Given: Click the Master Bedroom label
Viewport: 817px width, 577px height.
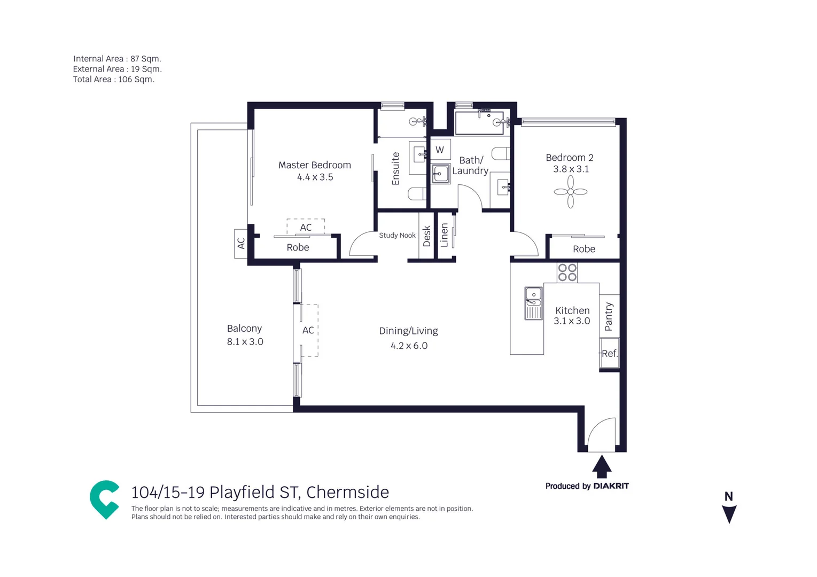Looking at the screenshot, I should pyautogui.click(x=314, y=165).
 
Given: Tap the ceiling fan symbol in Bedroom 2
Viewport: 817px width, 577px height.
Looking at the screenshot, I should pyautogui.click(x=570, y=192).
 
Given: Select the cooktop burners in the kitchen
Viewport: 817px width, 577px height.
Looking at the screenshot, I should pyautogui.click(x=567, y=272).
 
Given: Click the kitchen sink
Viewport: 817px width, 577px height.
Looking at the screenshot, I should pyautogui.click(x=533, y=303).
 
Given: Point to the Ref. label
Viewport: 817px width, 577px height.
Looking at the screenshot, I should pyautogui.click(x=609, y=353).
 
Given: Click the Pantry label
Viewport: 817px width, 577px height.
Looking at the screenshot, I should pyautogui.click(x=609, y=316).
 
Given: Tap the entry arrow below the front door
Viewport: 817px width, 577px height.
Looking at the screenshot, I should pyautogui.click(x=602, y=466).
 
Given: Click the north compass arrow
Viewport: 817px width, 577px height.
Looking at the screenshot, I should pyautogui.click(x=729, y=513).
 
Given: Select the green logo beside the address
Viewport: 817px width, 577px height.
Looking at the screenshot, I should pyautogui.click(x=105, y=499).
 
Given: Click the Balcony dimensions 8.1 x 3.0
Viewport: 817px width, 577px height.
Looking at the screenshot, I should pyautogui.click(x=245, y=342).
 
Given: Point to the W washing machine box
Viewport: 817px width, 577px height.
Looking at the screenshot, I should pyautogui.click(x=440, y=150).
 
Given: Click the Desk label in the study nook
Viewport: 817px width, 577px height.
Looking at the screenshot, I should pyautogui.click(x=426, y=236).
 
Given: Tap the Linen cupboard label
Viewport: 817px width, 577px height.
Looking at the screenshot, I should pyautogui.click(x=444, y=236).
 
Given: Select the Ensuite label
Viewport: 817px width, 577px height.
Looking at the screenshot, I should pyautogui.click(x=395, y=169).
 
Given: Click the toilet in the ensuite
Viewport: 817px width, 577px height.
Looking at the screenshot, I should pyautogui.click(x=417, y=193).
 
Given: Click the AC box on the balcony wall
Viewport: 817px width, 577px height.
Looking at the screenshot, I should pyautogui.click(x=241, y=244).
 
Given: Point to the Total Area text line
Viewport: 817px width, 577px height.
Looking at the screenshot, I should pyautogui.click(x=113, y=80).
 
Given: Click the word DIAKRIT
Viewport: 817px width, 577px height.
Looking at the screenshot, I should pyautogui.click(x=611, y=486).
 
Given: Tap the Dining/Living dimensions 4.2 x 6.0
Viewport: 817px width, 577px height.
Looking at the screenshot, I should pyautogui.click(x=409, y=346).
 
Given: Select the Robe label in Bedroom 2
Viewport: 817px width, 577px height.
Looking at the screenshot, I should pyautogui.click(x=583, y=249).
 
